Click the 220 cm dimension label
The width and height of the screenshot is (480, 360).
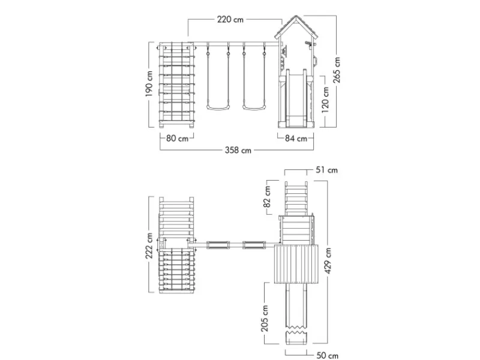[x=230, y=20]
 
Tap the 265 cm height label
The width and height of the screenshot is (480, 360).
[x=337, y=70]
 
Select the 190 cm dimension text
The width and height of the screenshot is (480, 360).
[x=149, y=84]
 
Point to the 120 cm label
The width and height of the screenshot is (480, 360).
[x=325, y=100]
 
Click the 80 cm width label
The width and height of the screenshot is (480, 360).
[x=177, y=139]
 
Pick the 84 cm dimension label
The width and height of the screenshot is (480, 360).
[x=296, y=139]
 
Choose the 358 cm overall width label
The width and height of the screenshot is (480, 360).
[x=238, y=151]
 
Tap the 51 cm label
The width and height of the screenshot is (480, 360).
[x=326, y=170]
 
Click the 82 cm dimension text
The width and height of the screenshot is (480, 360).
[x=267, y=197]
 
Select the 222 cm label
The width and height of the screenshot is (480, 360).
[x=149, y=246]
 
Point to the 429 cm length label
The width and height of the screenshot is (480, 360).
[x=328, y=261]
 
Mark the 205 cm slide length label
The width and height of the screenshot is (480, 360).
[x=265, y=319]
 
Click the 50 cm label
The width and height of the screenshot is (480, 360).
[x=327, y=355]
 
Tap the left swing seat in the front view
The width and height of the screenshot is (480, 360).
[x=218, y=107]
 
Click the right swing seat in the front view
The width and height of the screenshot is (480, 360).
[x=254, y=107]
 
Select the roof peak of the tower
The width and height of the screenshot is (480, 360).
[x=296, y=16]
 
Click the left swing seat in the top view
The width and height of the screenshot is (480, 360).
[x=218, y=245]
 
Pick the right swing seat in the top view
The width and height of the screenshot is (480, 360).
[x=254, y=245]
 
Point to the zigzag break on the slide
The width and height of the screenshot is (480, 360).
[x=296, y=332]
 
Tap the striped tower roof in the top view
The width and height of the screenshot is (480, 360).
[x=296, y=264]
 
